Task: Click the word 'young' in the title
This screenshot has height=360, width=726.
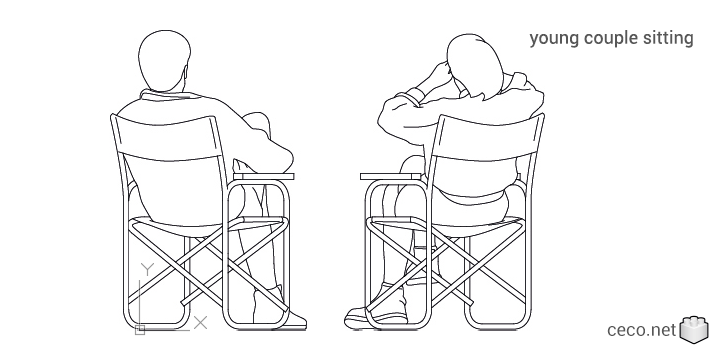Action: pos(552,39)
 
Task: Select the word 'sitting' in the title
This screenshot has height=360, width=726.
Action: pos(668,39)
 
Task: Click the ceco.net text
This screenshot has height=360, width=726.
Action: pos(641,329)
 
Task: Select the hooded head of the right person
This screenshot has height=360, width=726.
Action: pos(470,66)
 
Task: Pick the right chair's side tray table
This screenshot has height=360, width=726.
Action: pos(393,178)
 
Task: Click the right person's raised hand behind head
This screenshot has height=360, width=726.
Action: pos(438,76)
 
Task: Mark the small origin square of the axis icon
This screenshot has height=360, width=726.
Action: pos(141,328)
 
